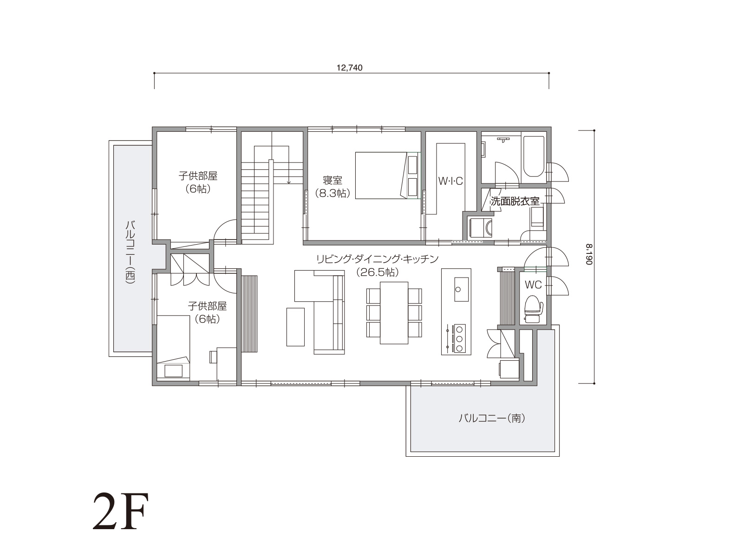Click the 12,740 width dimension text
point(349,68)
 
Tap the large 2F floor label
point(120,512)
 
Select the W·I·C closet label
point(450,181)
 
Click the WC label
point(533,285)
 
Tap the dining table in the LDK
point(394,313)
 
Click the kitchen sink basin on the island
point(461,290)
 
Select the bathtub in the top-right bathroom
point(534,156)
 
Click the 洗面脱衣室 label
point(515,201)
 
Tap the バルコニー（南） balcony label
point(492,418)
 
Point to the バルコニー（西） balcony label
point(130,252)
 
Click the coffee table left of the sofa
point(295,327)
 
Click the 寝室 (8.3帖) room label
point(332,187)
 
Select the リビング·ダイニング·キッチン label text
point(377,259)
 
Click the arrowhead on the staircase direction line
point(288,182)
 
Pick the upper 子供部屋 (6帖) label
point(198,182)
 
